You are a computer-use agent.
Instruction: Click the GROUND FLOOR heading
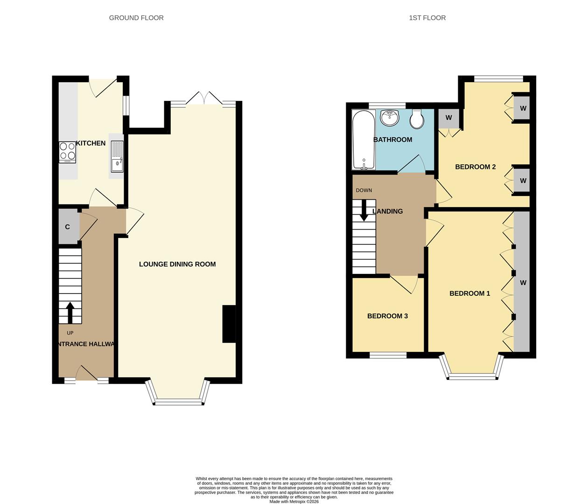136,18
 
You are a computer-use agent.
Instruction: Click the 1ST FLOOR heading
427,18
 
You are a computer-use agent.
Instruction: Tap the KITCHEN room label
91,143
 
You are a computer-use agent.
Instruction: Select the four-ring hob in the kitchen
68,152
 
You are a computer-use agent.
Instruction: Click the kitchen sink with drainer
117,156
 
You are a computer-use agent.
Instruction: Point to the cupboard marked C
68,227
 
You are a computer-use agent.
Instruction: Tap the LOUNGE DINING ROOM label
177,264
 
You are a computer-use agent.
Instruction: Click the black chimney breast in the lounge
229,324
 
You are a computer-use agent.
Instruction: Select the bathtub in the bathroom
364,140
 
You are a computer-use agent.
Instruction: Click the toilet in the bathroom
416,119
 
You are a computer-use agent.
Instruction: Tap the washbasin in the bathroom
389,118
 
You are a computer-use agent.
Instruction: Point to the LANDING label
388,211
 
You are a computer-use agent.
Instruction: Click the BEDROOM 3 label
387,316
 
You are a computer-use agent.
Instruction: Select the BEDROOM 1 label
469,294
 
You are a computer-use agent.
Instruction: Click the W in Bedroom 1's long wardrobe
523,283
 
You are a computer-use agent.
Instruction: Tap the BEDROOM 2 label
475,167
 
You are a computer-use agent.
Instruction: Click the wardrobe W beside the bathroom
448,118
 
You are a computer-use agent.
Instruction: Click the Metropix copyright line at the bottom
294,502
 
